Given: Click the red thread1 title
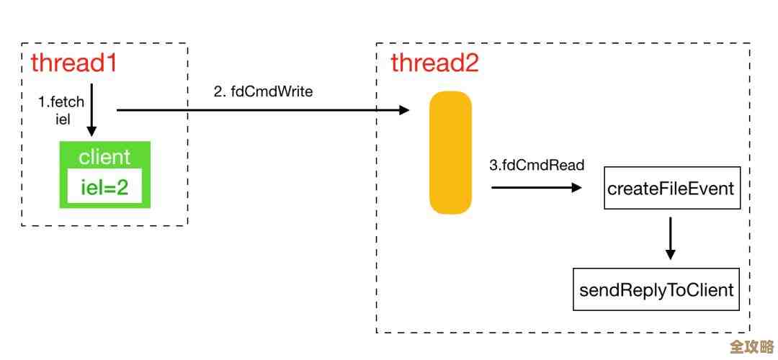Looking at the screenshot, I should point(73,63).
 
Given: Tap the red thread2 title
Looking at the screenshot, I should point(434,63).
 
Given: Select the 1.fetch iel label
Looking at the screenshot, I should point(61,110).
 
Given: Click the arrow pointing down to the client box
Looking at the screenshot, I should point(91,115).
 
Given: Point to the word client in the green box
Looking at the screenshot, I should point(104,157).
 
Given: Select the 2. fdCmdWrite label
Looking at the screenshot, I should point(263,91).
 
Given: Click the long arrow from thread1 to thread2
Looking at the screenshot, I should point(262,110).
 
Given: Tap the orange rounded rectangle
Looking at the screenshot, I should point(451,153).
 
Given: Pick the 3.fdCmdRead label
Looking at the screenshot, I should point(537,165).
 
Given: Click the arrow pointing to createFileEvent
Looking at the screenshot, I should point(536,187).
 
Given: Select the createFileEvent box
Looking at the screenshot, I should point(671,189).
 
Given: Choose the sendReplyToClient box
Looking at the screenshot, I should point(656,289).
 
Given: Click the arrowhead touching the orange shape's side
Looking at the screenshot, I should point(404,110).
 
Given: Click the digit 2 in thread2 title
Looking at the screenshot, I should point(470,63).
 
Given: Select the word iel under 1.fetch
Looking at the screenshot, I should point(63,119).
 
